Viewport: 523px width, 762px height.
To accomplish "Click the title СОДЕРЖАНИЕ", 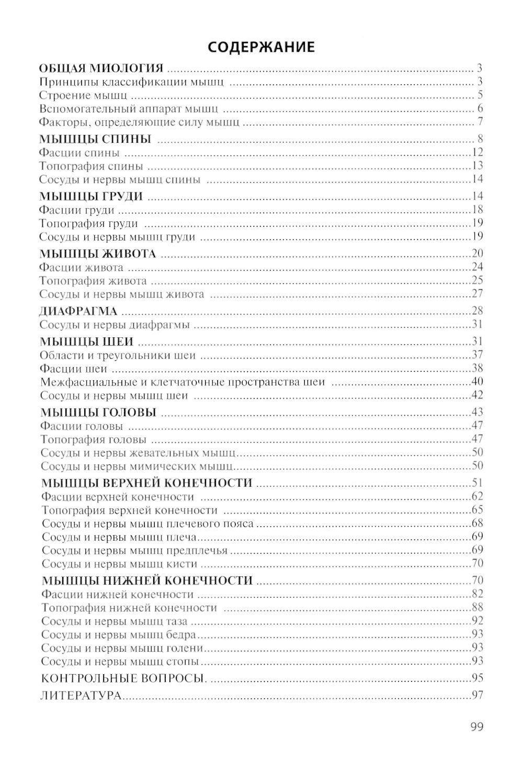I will pos(261,47).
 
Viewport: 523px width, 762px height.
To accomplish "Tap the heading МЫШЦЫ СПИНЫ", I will pos(95,139).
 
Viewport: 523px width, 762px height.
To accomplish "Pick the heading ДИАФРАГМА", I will pos(78,311).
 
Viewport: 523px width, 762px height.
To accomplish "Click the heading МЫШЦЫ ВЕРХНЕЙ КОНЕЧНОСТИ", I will pos(146,482).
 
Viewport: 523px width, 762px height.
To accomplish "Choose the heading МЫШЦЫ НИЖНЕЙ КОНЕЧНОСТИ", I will pos(147,581).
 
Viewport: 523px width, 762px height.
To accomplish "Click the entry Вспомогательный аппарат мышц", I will pos(129,109).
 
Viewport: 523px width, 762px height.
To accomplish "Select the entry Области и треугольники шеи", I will pos(118,356).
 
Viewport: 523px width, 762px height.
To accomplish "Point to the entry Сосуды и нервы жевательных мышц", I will pos(138,452).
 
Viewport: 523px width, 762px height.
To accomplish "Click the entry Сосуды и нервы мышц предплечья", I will pos(134,551).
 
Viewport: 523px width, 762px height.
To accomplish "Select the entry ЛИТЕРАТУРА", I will pos(81,696).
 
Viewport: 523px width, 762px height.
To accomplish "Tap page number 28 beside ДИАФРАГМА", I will pos(476,311).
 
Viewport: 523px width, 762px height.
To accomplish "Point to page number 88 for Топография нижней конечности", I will pos(476,608).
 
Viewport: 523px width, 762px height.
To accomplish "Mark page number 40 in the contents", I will pos(476,382).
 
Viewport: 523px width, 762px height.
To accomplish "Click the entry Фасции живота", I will pos(82,268).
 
